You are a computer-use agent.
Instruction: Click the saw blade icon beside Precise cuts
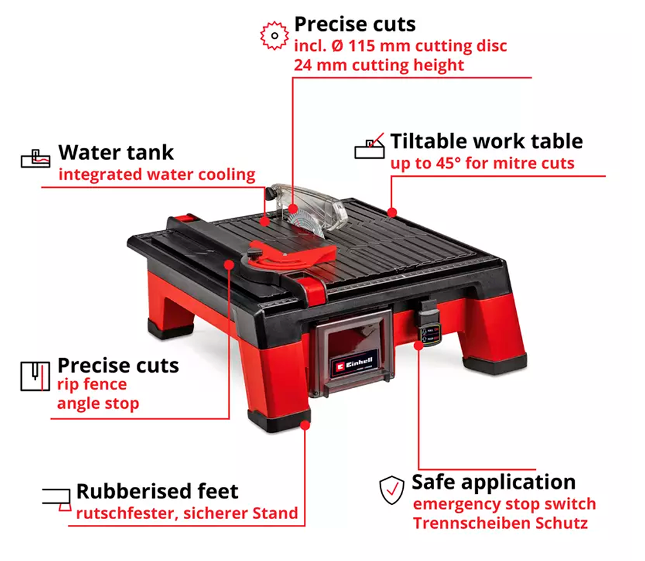(274, 35)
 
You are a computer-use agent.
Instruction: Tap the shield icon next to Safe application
(392, 490)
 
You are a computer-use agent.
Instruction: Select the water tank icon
(35, 159)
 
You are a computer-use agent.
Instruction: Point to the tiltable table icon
(370, 146)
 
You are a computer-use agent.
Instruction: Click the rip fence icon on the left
(35, 377)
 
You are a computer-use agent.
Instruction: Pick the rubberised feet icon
(57, 500)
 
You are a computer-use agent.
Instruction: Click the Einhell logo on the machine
(353, 364)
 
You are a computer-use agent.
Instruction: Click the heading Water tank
(116, 153)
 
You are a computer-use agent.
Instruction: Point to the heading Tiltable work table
(486, 141)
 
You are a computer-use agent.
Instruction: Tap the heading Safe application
(493, 482)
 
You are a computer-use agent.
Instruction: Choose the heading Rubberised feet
(157, 491)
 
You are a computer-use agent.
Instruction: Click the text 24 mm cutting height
(379, 65)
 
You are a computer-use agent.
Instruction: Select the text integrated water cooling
(157, 174)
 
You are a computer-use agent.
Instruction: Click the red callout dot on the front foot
(305, 426)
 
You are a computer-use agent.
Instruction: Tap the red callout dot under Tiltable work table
(392, 212)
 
